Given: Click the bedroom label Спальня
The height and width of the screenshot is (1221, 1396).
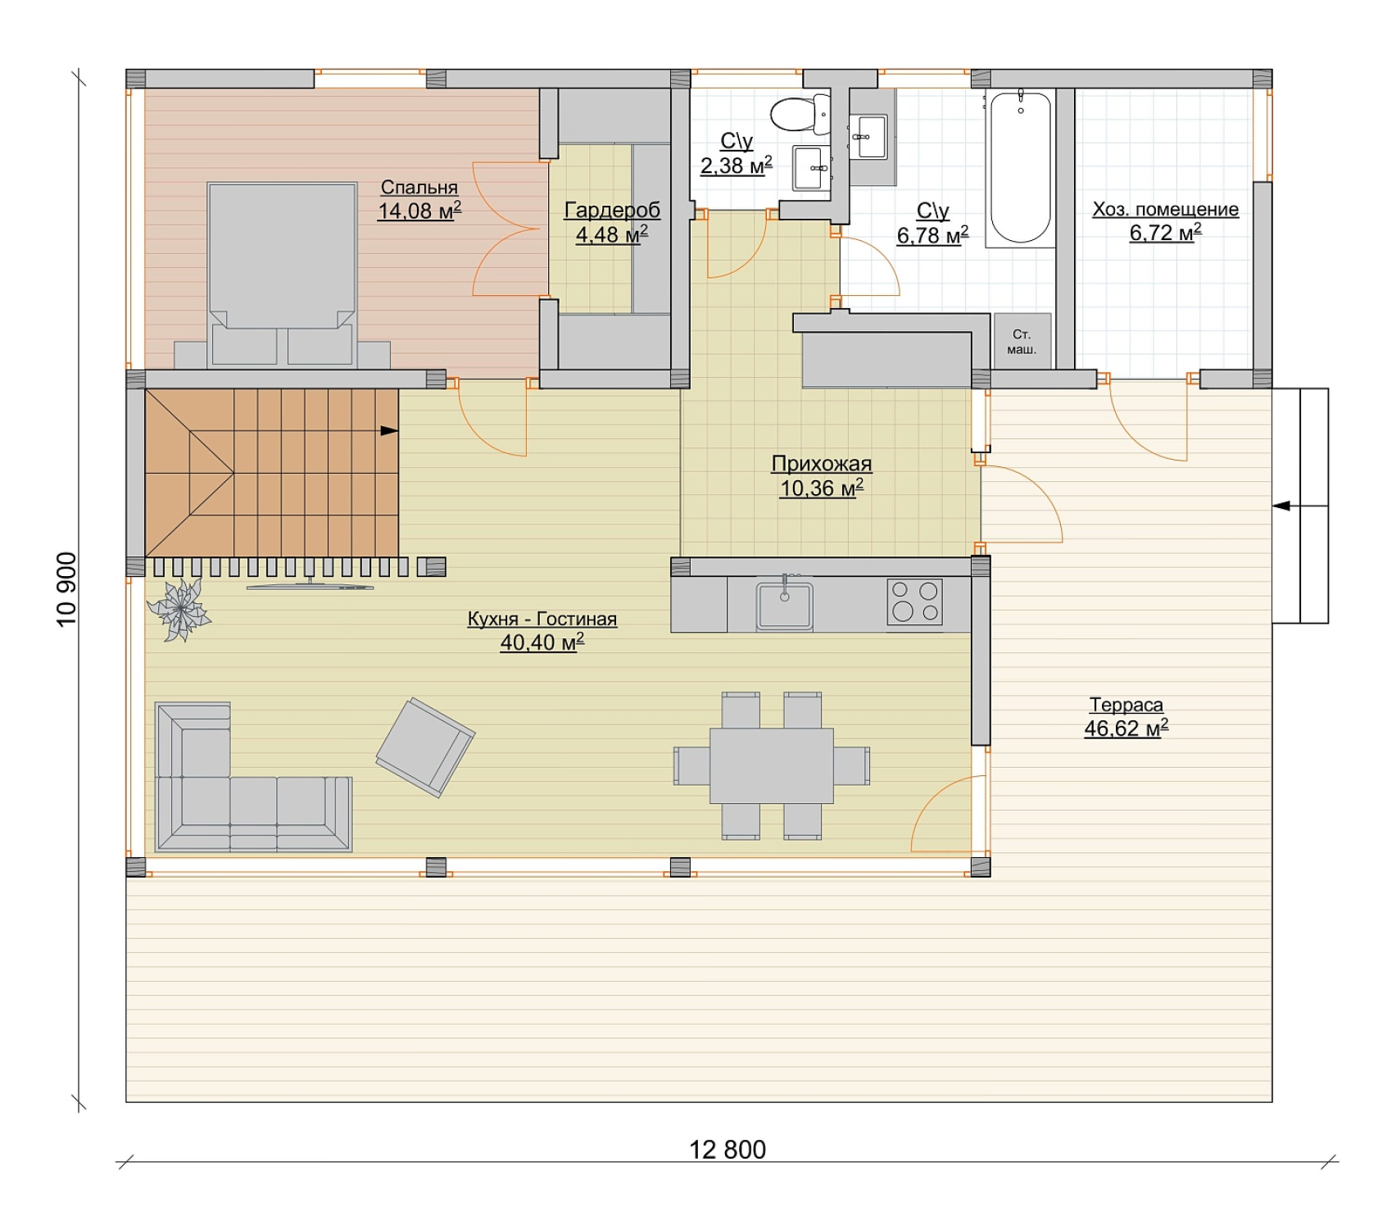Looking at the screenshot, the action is [x=419, y=188].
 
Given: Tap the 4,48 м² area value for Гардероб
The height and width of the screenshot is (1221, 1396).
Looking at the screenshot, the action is [x=611, y=235].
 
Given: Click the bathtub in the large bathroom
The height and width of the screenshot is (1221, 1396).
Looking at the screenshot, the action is [x=1020, y=168].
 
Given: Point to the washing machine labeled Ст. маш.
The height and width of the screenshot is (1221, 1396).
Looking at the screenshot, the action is [x=1022, y=342].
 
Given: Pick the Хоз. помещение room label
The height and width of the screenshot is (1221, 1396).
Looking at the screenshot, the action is [x=1165, y=210].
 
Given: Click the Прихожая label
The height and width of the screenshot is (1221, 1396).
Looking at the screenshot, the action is [x=821, y=464].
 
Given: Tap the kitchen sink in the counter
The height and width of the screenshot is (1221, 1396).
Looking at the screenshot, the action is [x=784, y=605].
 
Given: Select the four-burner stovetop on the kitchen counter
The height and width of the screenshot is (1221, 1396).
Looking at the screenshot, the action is [x=915, y=601].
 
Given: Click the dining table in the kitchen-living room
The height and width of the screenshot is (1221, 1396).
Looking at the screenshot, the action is [x=772, y=765].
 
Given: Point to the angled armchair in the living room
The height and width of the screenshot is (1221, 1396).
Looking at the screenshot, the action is [x=425, y=747].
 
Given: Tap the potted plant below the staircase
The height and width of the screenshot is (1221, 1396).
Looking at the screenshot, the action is [x=179, y=609].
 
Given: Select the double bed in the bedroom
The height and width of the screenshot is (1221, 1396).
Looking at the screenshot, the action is [x=282, y=274].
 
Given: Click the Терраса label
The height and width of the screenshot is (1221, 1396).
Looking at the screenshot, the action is [x=1126, y=705].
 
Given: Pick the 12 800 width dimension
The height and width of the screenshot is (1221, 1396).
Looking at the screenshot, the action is [x=727, y=1150].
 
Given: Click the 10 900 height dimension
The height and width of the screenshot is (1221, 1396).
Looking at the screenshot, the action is [x=66, y=589].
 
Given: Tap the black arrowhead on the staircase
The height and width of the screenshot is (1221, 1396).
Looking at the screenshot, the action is [x=389, y=430].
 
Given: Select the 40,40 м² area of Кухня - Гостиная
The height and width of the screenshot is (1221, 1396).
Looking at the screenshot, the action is [x=542, y=642].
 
